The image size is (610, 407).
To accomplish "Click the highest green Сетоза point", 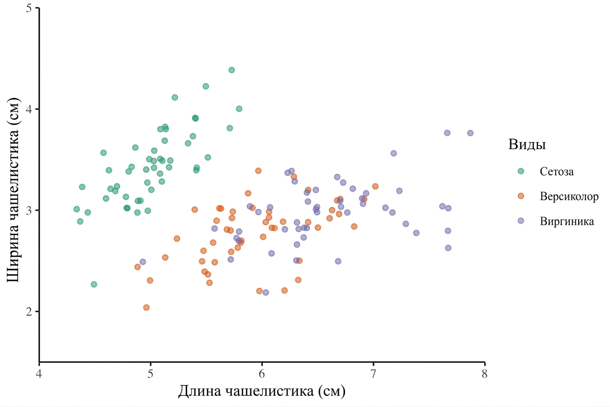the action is [x=232, y=70].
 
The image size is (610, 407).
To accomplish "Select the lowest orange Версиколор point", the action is [x=146, y=308].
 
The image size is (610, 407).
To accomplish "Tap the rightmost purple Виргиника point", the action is [x=471, y=133].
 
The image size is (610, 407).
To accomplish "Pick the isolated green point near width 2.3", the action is [x=94, y=284].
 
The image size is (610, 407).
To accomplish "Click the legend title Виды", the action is [x=527, y=145].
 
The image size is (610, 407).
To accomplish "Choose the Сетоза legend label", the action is [x=556, y=171].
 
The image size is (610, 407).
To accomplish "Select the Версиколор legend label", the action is [x=569, y=196].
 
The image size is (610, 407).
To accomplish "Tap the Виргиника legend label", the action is [x=567, y=221].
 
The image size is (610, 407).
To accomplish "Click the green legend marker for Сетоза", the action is [x=521, y=171].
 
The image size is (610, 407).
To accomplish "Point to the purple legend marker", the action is [x=521, y=221].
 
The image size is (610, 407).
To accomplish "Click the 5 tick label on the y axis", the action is [x=29, y=8].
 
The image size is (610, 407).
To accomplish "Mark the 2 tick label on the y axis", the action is [x=29, y=311].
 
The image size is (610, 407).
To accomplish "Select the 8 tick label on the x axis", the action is [x=485, y=374].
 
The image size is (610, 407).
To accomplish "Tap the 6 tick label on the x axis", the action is [x=262, y=374].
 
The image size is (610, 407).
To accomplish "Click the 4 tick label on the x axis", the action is [x=39, y=374].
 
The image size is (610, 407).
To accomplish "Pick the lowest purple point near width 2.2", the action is [x=266, y=292].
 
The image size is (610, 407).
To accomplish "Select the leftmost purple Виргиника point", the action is [x=143, y=262].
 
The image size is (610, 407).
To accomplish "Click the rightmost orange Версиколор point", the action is [x=375, y=186].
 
